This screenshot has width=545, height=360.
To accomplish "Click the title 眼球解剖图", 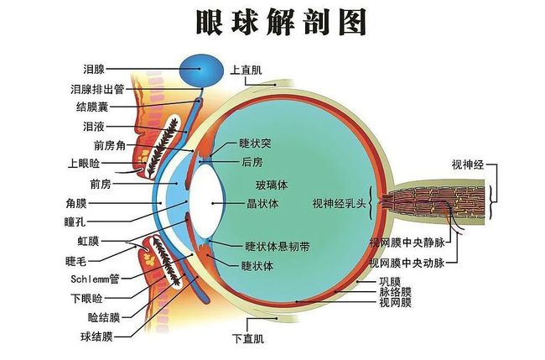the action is click(x=282, y=23).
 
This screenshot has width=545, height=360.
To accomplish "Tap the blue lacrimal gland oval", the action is click(x=201, y=71).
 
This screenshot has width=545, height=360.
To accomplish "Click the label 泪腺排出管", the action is click(x=97, y=90).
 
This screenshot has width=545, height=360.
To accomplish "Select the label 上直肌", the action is click(x=246, y=70).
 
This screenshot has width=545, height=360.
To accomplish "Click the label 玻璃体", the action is click(x=272, y=185).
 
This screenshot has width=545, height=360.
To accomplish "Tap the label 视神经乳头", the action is click(x=340, y=203).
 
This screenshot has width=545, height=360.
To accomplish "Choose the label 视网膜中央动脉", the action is click(x=407, y=263).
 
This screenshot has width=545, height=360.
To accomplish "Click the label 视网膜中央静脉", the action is click(x=407, y=243).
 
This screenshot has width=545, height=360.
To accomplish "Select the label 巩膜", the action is click(x=390, y=281).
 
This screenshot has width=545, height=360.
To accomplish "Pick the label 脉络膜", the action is click(x=395, y=292).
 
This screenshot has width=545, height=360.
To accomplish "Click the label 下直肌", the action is click(x=248, y=338).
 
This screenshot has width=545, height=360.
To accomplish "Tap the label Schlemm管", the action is click(x=95, y=279).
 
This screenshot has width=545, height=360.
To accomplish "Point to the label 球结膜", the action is click(x=96, y=337).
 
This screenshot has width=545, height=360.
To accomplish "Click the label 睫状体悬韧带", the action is click(x=277, y=247).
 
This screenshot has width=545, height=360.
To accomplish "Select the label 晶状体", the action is click(x=262, y=203).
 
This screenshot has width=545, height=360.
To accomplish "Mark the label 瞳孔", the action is click(x=75, y=222).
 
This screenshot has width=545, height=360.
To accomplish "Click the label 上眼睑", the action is click(x=84, y=164).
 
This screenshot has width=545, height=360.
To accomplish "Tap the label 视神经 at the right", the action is click(x=468, y=164).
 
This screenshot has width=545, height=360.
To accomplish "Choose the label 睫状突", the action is click(x=255, y=143).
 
